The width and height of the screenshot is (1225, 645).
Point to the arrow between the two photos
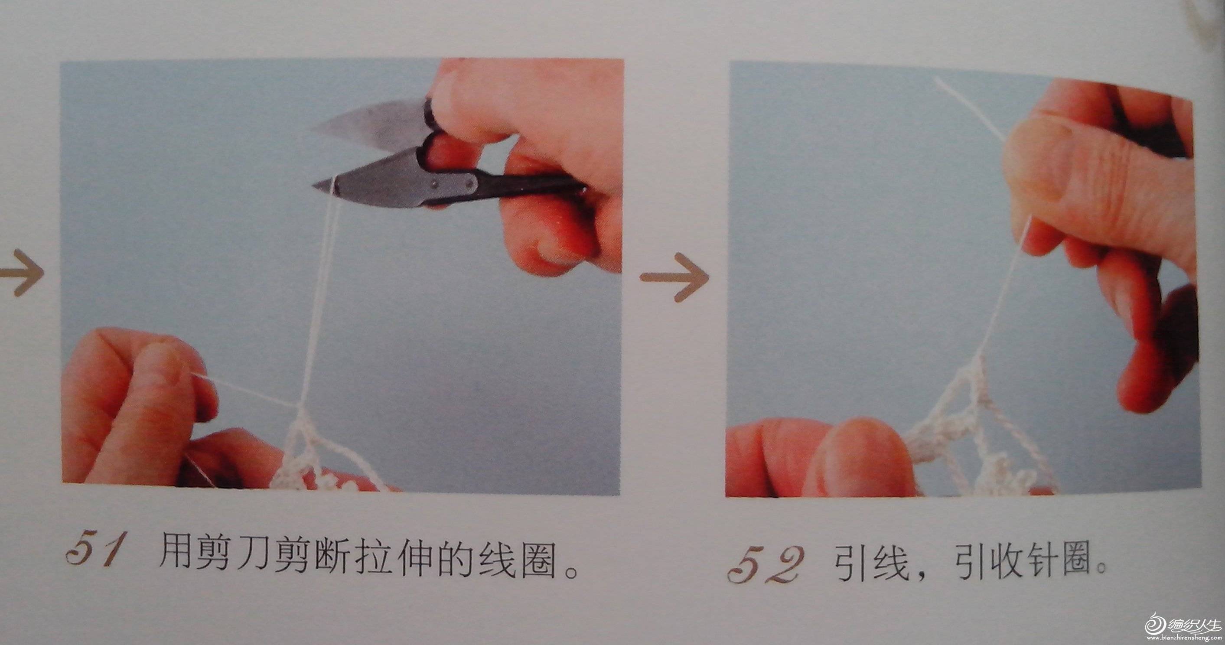click(x=674, y=277)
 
